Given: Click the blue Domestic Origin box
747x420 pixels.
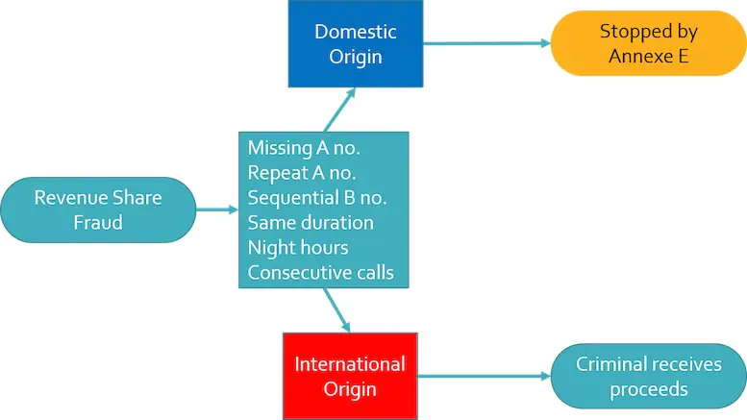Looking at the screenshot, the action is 356,44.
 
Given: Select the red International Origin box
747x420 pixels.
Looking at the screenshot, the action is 350,376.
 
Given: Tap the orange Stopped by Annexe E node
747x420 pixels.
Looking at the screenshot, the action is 648,43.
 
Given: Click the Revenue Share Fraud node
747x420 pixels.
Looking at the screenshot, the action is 98,210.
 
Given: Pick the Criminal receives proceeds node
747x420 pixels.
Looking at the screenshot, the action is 648,376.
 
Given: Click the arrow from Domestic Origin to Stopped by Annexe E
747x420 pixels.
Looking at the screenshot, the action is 486,43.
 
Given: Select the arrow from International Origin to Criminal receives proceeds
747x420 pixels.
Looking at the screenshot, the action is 484,376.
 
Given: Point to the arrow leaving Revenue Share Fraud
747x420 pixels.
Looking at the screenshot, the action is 217,210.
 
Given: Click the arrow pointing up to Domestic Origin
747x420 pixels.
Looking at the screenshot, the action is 339,110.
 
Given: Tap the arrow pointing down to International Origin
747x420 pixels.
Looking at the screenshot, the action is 336,310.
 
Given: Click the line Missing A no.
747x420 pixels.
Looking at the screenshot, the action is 304,148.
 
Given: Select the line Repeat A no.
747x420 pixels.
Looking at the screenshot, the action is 302,173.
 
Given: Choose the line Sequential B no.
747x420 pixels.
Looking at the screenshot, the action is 317,198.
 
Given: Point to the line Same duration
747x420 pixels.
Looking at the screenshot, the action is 311,223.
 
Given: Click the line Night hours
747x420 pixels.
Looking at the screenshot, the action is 298,248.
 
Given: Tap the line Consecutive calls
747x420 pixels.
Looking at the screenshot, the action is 321,273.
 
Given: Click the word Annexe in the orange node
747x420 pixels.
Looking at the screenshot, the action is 635,56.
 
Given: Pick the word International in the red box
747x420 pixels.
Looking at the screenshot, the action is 350,364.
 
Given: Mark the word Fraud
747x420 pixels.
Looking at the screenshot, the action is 98,222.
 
